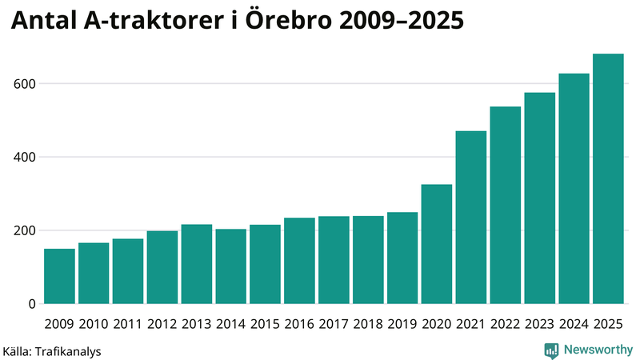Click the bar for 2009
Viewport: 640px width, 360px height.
[59, 276]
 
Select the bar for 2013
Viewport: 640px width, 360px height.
[197, 264]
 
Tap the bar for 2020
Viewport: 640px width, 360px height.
[437, 244]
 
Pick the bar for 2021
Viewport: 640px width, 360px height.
[471, 218]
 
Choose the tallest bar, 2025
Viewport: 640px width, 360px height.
[608, 179]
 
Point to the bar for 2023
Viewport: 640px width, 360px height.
[540, 198]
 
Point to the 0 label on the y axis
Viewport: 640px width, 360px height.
[31, 304]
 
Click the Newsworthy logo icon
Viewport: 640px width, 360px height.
[551, 350]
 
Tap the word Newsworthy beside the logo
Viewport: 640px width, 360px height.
[598, 350]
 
